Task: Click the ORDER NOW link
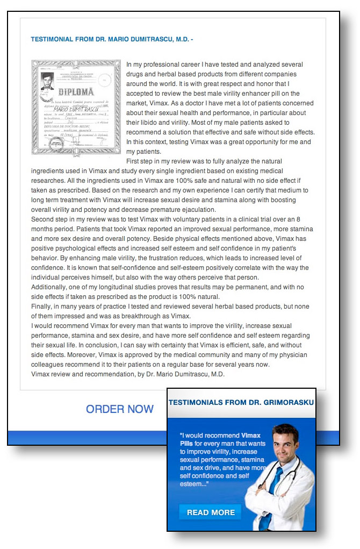(120, 409)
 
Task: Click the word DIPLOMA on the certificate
(76, 92)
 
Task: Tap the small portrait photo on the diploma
(48, 82)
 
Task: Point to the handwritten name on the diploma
(73, 109)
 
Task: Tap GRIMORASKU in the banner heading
(289, 403)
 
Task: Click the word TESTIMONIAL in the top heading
(55, 40)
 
